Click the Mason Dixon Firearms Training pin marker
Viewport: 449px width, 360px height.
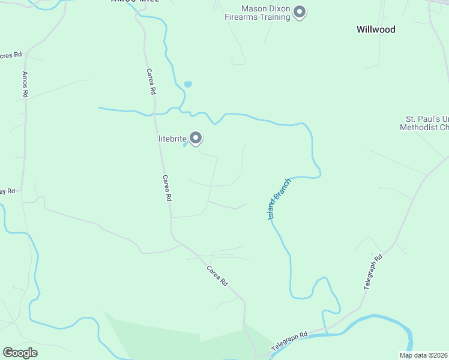[x=300, y=12]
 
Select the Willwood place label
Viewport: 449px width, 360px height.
[x=376, y=29]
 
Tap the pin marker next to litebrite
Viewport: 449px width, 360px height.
[x=196, y=138]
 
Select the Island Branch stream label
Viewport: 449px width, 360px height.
[x=279, y=199]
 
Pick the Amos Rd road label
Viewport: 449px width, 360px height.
[x=25, y=84]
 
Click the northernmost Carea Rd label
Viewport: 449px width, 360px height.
[x=151, y=82]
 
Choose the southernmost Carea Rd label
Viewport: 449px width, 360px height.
[x=217, y=275]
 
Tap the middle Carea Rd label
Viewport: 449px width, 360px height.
[x=167, y=188]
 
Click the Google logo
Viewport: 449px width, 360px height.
[x=20, y=353]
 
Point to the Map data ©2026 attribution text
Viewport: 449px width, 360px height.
[x=424, y=355]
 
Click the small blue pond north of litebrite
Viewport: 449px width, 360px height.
[x=188, y=85]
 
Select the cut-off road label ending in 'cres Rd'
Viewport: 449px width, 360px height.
[x=10, y=55]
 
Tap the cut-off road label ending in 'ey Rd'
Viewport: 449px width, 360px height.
[x=7, y=191]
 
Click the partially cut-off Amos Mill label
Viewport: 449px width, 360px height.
[x=135, y=2]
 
